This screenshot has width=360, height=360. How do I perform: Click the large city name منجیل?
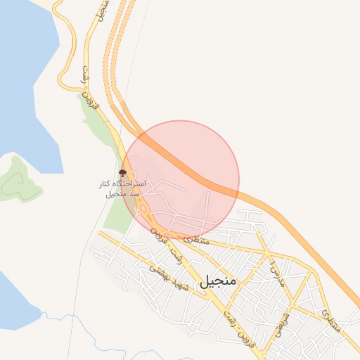pyautogui.click(x=219, y=282)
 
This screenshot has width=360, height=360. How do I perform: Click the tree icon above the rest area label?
pyautogui.click(x=124, y=172)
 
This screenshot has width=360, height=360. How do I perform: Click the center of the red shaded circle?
pyautogui.click(x=181, y=179)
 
